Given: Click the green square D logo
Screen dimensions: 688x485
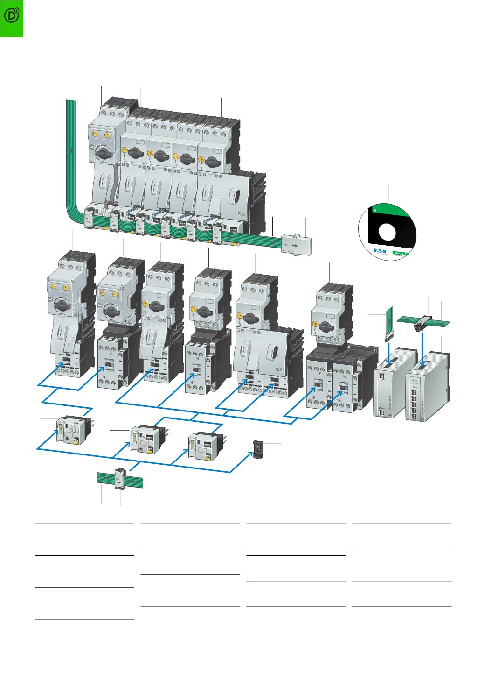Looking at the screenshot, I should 12,18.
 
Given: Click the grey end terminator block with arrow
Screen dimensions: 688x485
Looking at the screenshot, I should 295,243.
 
